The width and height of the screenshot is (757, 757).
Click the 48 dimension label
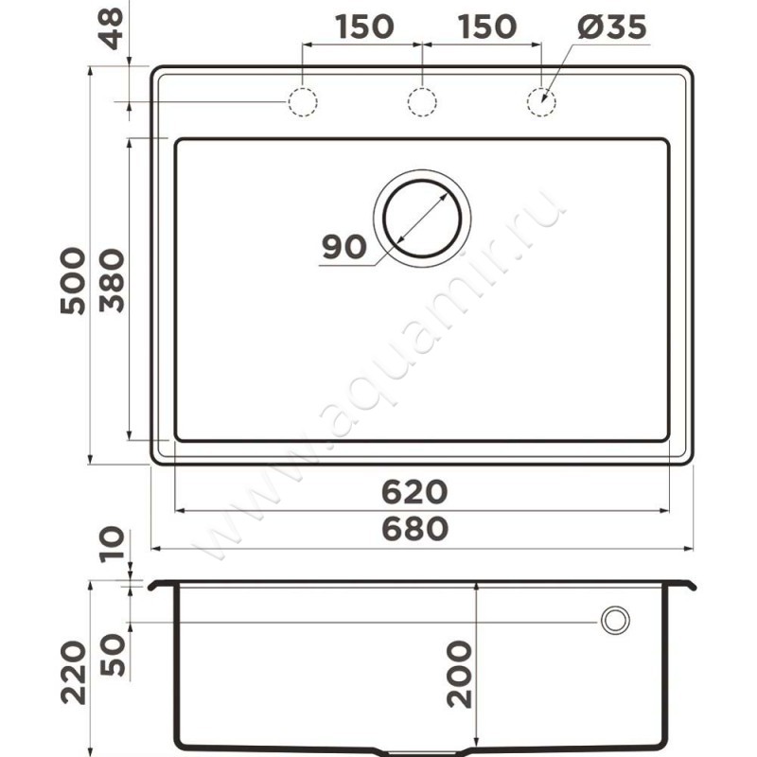(x=113, y=29)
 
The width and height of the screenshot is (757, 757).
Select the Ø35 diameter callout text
(x=611, y=26)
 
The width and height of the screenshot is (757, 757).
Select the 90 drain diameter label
(x=344, y=247)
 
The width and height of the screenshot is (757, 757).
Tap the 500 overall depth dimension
(x=73, y=281)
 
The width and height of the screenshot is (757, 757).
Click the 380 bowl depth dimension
(x=112, y=281)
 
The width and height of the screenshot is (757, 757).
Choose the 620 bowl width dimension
(x=414, y=492)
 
